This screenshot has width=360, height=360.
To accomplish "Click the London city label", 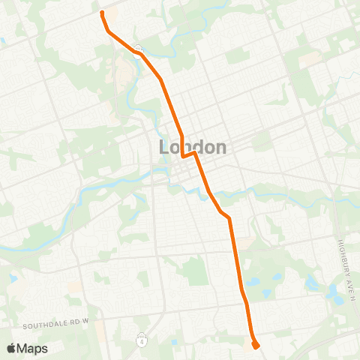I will [x=193, y=147].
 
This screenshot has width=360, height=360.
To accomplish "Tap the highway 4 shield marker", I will [x=141, y=340].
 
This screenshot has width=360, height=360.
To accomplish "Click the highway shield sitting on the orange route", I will [x=139, y=50].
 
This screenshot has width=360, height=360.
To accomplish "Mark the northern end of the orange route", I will [x=101, y=13].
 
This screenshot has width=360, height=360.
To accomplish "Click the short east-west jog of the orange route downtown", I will [x=188, y=155].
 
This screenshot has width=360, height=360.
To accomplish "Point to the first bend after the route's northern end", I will [x=109, y=32].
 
